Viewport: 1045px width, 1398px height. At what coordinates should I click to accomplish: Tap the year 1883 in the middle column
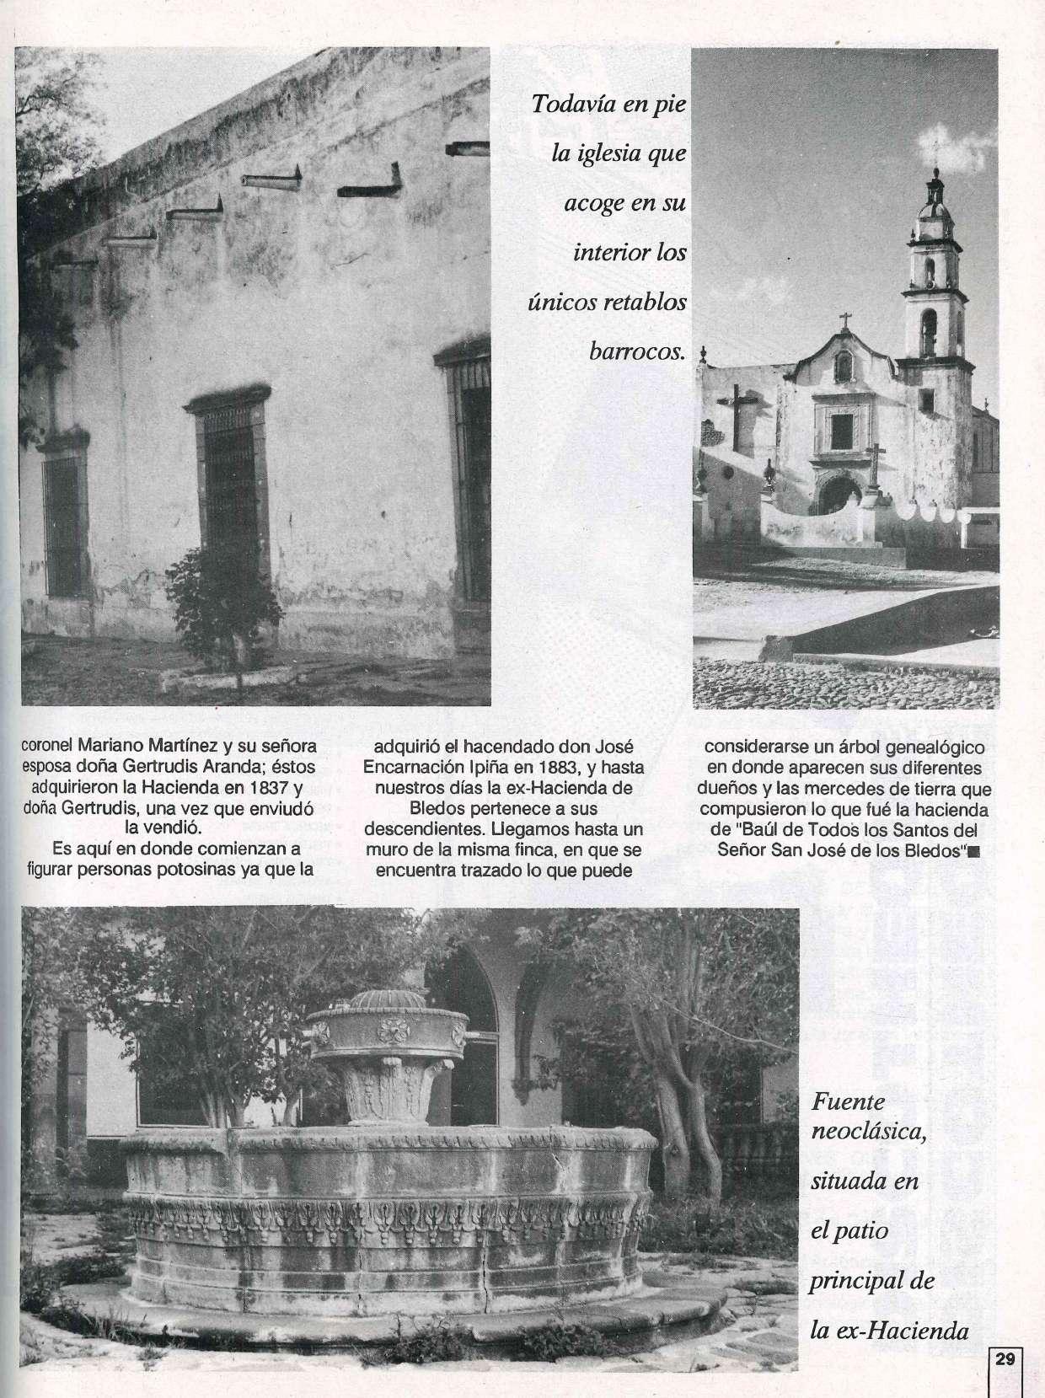[x=554, y=768]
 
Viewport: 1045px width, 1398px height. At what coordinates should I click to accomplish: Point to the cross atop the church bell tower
[x=935, y=153]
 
